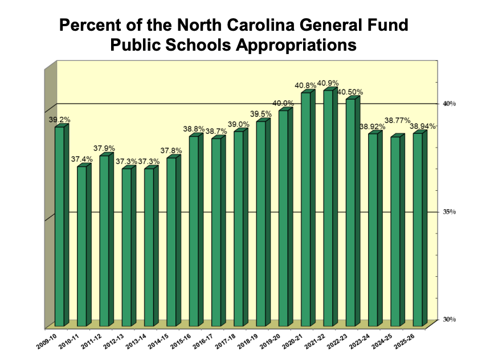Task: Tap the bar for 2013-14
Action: [149, 247]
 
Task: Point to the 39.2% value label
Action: [59, 120]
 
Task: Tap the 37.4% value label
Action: [81, 159]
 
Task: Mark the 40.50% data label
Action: [350, 92]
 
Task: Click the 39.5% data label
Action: [260, 114]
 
